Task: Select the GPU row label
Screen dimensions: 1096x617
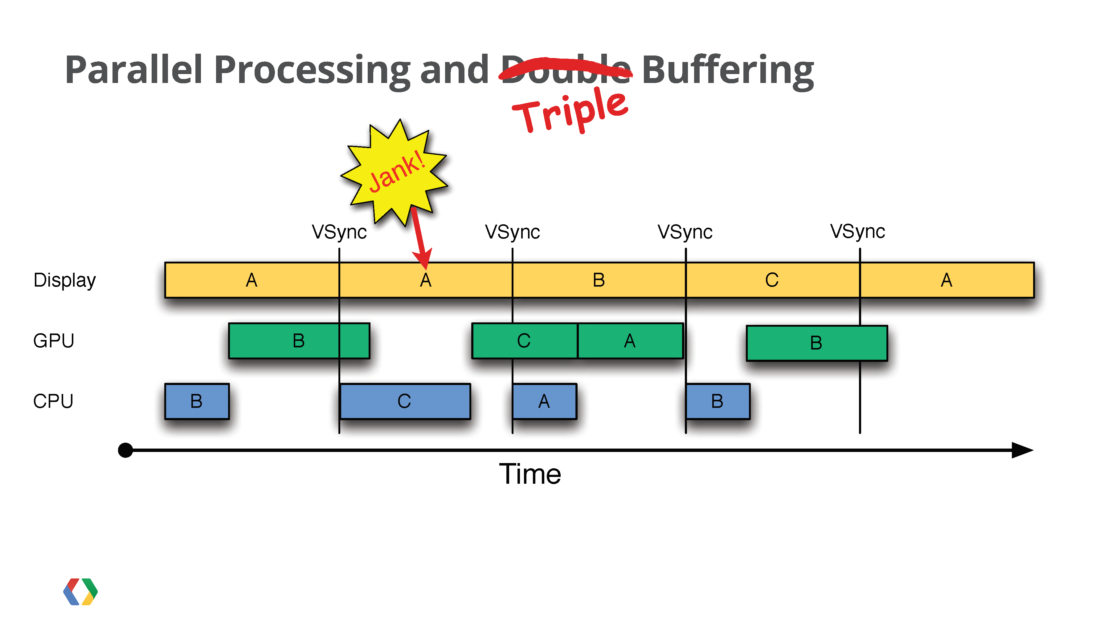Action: pyautogui.click(x=54, y=341)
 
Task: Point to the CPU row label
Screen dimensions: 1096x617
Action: pyautogui.click(x=53, y=401)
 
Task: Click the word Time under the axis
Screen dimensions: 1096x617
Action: pyautogui.click(x=530, y=474)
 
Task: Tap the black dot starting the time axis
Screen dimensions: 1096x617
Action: pyautogui.click(x=125, y=450)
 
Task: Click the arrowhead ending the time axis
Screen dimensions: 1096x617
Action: pyautogui.click(x=1022, y=450)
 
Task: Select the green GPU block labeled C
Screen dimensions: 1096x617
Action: pyautogui.click(x=525, y=341)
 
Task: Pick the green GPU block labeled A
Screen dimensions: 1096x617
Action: pyautogui.click(x=630, y=341)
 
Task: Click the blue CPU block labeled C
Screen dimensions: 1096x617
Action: pyautogui.click(x=405, y=401)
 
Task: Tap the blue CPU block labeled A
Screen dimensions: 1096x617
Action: pyautogui.click(x=545, y=401)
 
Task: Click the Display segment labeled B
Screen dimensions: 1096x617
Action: pyautogui.click(x=599, y=280)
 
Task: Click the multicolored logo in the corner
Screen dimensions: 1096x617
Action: pyautogui.click(x=80, y=591)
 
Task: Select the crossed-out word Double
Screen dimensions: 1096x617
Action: pyautogui.click(x=566, y=69)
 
